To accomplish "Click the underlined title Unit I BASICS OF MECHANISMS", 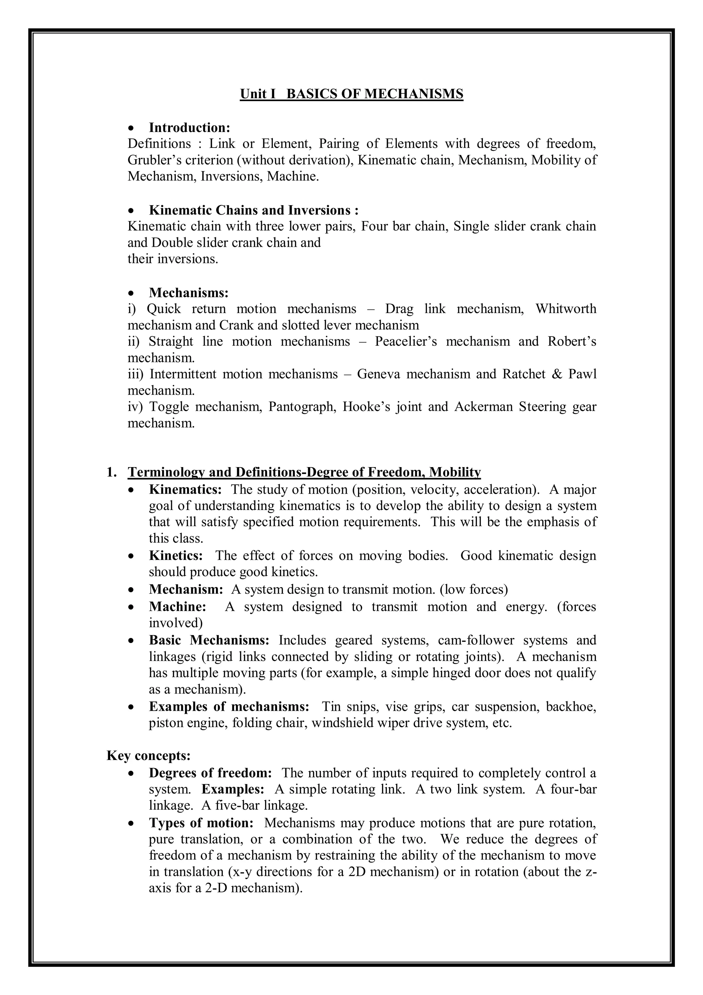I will point(351,94).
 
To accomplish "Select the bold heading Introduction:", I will point(189,128).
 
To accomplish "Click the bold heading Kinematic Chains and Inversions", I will point(254,210).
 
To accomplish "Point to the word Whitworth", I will point(566,309).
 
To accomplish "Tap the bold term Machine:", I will point(177,607).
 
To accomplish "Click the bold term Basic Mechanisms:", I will point(209,640).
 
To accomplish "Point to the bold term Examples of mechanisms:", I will point(229,707).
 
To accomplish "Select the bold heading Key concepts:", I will point(149,756).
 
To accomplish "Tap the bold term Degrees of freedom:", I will point(210,773).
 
